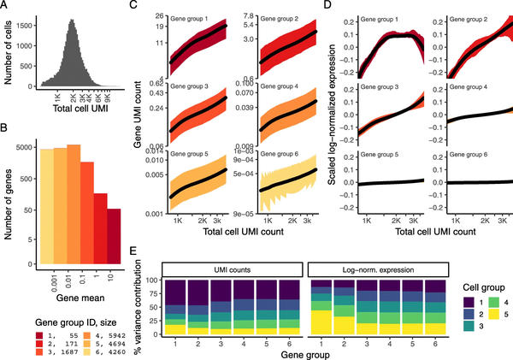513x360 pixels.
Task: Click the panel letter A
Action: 6,6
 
